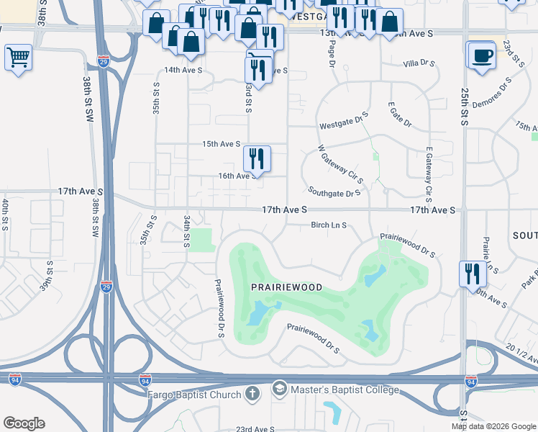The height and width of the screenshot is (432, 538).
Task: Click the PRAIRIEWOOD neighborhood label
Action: coord(286,287)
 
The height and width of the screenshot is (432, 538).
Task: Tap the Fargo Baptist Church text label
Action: coord(193,394)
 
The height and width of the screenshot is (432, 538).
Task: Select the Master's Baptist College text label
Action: coord(344,390)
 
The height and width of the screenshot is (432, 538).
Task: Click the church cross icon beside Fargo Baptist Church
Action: coord(252,393)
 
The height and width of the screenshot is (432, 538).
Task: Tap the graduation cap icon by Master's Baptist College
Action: coord(279,390)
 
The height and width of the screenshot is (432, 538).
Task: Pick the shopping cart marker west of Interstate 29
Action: coord(18,56)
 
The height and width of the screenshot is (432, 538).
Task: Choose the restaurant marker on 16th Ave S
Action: coord(256,158)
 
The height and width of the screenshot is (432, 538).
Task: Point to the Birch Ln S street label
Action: coord(329,225)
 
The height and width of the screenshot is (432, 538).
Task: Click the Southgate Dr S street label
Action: coord(334,193)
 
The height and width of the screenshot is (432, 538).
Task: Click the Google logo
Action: coord(24,423)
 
